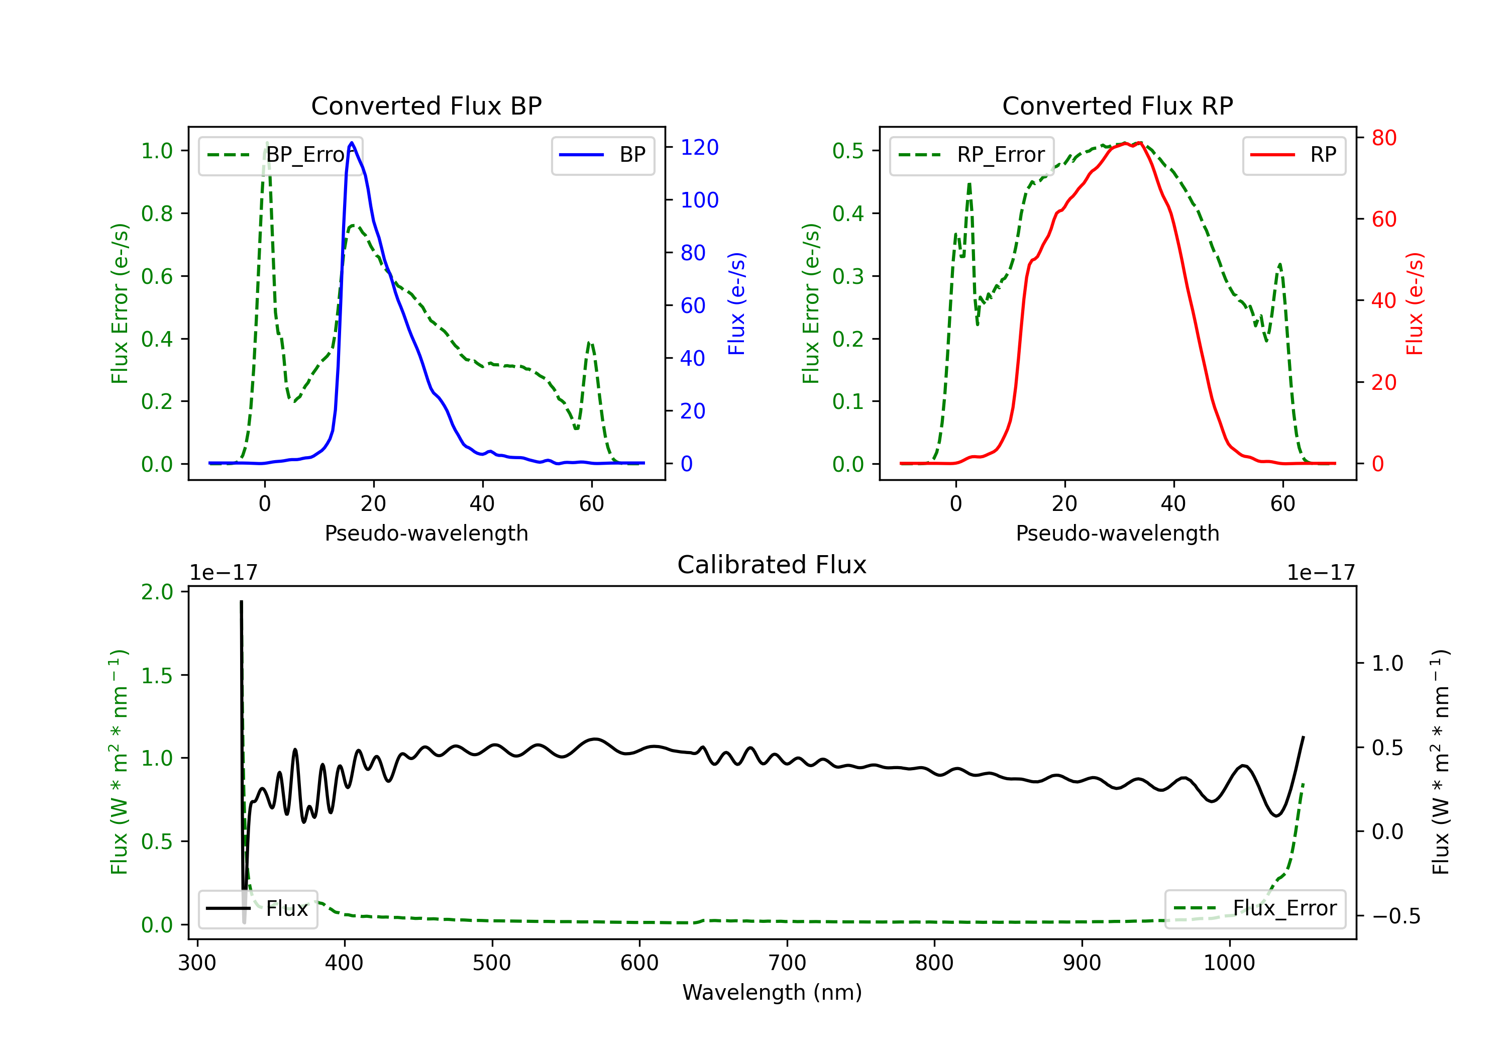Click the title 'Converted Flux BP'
pyautogui.click(x=426, y=105)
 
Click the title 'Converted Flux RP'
pyautogui.click(x=1117, y=105)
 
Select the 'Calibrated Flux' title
pyautogui.click(x=772, y=565)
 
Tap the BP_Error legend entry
pyautogui.click(x=280, y=155)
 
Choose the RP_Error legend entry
pyautogui.click(x=972, y=155)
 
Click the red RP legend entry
pyautogui.click(x=1294, y=155)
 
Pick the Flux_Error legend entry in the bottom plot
pyautogui.click(x=1255, y=909)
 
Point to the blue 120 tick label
pyautogui.click(x=700, y=147)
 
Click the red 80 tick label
pyautogui.click(x=1384, y=138)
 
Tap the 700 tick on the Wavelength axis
pyautogui.click(x=787, y=963)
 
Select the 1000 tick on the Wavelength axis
pyautogui.click(x=1229, y=963)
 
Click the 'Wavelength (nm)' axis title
pyautogui.click(x=772, y=992)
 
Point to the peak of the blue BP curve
pyautogui.click(x=352, y=143)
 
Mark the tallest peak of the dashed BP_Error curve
pyautogui.click(x=266, y=143)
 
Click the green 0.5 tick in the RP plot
pyautogui.click(x=847, y=150)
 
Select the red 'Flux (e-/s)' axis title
pyautogui.click(x=1415, y=303)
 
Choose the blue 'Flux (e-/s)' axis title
pyautogui.click(x=736, y=303)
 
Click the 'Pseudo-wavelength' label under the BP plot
pyautogui.click(x=426, y=533)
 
